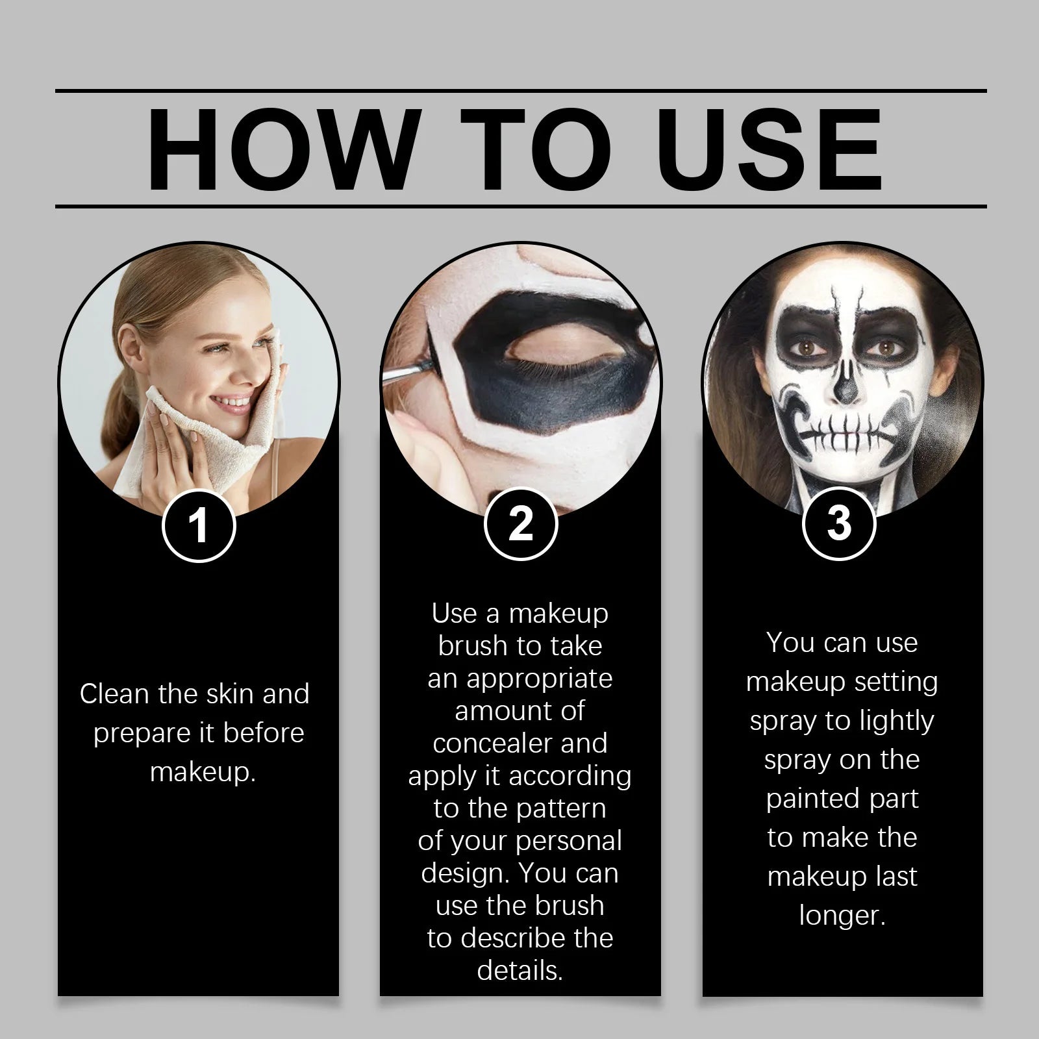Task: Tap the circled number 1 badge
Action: click(198, 525)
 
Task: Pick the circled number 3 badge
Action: click(839, 523)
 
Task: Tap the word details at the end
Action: click(519, 970)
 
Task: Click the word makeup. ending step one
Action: click(203, 772)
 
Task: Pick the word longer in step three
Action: click(842, 916)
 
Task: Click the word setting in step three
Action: click(895, 682)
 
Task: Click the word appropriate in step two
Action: click(539, 679)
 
